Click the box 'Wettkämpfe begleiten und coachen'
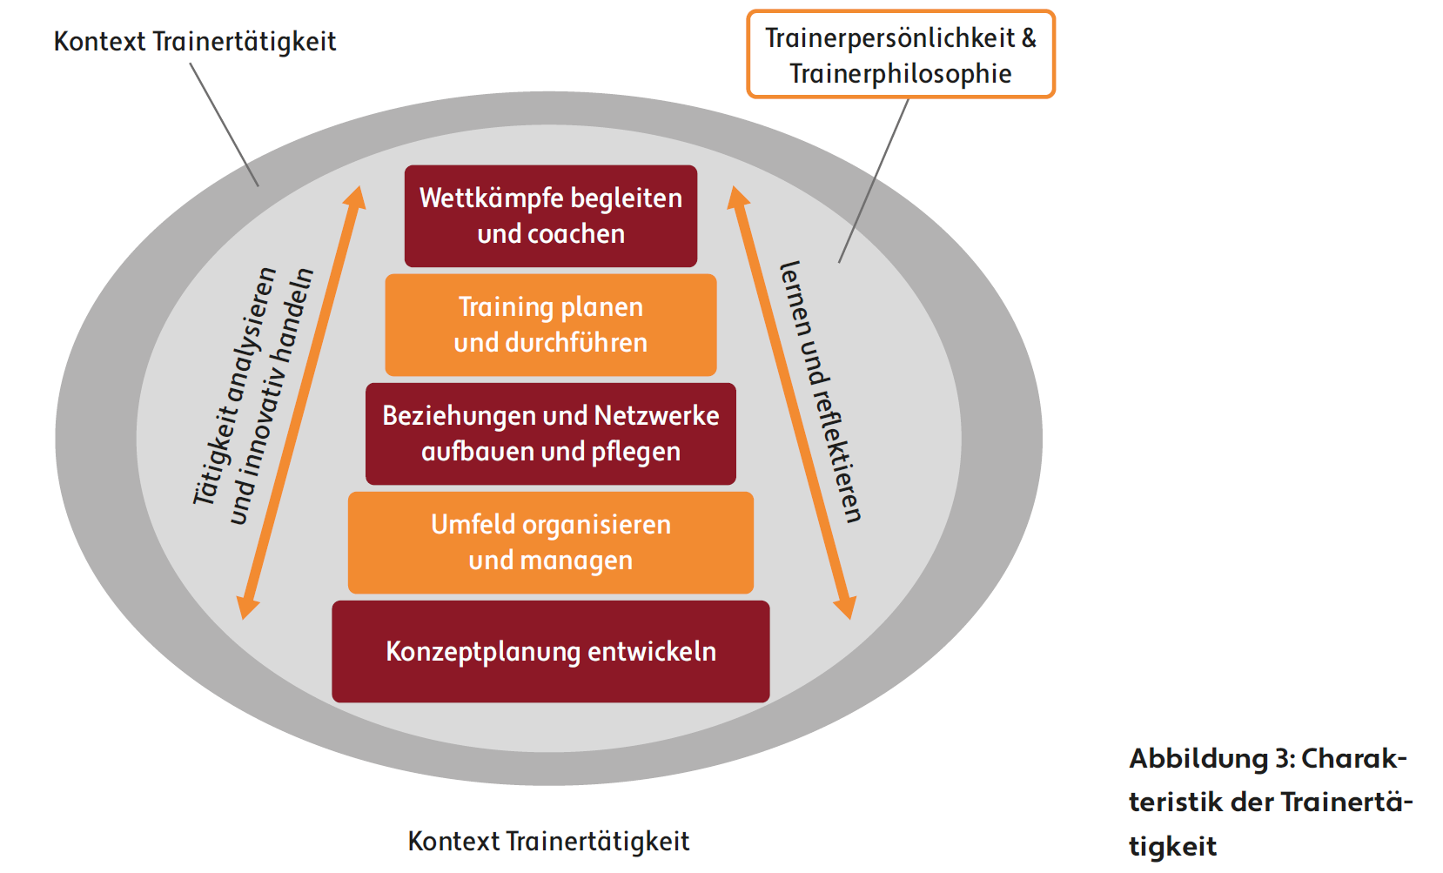tap(550, 216)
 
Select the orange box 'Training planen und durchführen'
tap(550, 325)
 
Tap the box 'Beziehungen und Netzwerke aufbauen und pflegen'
tap(550, 433)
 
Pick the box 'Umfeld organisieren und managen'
tap(550, 542)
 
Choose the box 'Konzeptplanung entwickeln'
tap(550, 651)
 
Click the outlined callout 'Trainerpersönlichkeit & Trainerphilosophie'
tap(900, 55)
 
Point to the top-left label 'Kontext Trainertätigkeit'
tap(195, 42)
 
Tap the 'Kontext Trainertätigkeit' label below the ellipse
tap(548, 842)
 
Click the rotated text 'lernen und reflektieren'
tap(821, 392)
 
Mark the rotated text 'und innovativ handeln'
tap(271, 396)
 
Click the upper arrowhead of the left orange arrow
tap(354, 198)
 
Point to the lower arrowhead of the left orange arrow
tap(248, 608)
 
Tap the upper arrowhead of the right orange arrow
tap(738, 198)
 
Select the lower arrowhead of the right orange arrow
tap(845, 608)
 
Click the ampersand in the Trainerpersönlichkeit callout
tap(1029, 38)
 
